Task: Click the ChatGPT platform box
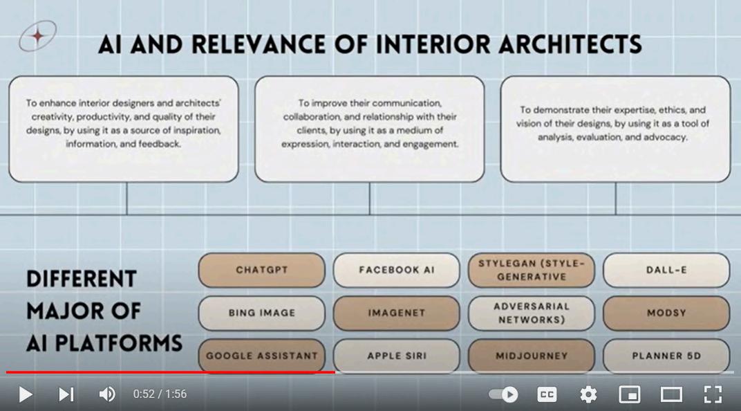click(x=261, y=270)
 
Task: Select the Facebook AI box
click(x=396, y=270)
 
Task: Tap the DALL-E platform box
click(x=666, y=270)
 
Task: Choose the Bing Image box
click(x=261, y=313)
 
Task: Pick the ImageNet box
click(x=396, y=313)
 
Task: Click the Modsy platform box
click(x=666, y=313)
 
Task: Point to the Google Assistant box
click(x=261, y=356)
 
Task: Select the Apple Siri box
click(x=396, y=356)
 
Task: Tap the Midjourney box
click(x=531, y=356)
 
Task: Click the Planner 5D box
click(x=666, y=356)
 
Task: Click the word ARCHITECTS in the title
click(x=559, y=44)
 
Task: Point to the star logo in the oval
click(x=38, y=35)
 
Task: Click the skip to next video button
click(x=66, y=394)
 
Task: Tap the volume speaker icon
click(x=106, y=394)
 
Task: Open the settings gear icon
click(x=588, y=394)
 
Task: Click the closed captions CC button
click(x=547, y=394)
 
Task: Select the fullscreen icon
click(x=713, y=394)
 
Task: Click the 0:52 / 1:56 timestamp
click(x=160, y=394)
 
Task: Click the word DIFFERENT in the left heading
click(x=72, y=279)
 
